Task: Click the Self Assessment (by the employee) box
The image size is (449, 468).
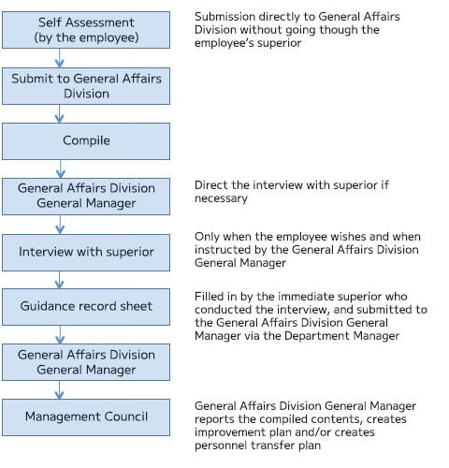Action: tap(86, 30)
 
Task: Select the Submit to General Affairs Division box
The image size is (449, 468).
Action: tap(86, 86)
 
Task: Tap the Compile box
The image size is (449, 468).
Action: tap(86, 141)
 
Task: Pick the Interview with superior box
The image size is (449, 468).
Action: tap(86, 253)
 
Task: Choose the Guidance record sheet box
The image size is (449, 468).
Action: tap(86, 307)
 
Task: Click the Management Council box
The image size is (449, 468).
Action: tap(86, 417)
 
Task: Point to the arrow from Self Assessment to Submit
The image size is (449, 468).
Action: tap(60, 58)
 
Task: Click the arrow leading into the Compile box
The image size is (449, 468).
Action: tap(60, 113)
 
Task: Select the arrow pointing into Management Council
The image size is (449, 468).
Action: tap(60, 389)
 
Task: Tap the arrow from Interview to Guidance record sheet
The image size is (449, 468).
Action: tap(60, 280)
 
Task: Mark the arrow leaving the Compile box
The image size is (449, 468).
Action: tap(60, 168)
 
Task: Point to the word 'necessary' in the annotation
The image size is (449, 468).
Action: tap(221, 198)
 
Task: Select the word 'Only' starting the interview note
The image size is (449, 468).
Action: tap(207, 237)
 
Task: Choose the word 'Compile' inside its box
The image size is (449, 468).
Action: tap(86, 140)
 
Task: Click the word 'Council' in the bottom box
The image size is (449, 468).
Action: tap(126, 417)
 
